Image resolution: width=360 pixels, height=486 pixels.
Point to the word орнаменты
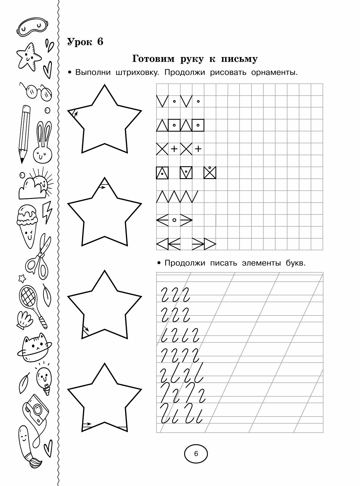(274, 73)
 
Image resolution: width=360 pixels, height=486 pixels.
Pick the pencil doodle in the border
(25, 133)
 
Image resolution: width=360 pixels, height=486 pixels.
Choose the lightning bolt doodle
(47, 212)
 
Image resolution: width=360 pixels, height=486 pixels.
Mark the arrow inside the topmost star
(75, 114)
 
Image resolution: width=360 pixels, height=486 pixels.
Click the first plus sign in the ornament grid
(174, 149)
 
